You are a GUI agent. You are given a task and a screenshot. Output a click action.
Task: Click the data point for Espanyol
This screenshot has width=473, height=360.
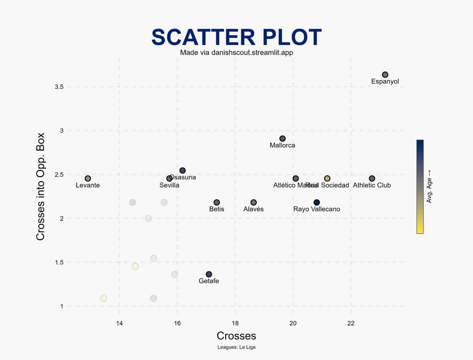pos(385,75)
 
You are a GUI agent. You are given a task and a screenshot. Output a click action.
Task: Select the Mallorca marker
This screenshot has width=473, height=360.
pos(282,139)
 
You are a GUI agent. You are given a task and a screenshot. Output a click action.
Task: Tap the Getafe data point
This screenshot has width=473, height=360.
pos(209,274)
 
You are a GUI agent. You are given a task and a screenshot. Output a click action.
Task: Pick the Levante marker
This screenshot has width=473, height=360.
pos(88,178)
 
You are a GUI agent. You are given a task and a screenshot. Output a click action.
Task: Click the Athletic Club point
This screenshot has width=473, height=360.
pos(372,178)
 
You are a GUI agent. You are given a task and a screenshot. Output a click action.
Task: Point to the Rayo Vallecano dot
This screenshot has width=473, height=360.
pos(317,202)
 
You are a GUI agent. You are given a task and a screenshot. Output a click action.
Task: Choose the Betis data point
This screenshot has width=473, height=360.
pos(217,202)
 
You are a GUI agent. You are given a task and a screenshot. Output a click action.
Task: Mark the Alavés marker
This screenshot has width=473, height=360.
pos(253,202)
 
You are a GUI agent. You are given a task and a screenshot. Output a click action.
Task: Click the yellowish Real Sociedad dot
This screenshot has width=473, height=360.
pos(327,178)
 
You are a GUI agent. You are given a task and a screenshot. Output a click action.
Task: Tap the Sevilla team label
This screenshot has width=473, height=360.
pos(169,185)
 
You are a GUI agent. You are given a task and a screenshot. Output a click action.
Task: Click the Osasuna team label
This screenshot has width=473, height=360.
pos(183,177)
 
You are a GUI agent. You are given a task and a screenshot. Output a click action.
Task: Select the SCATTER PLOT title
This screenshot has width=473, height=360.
pos(236,38)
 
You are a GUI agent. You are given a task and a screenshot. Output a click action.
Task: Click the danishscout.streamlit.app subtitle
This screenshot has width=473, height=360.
pos(237,53)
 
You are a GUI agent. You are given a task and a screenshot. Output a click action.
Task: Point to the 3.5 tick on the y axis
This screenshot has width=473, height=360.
pos(59,87)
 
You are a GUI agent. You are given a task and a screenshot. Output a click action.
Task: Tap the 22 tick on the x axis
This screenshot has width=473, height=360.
pos(351,323)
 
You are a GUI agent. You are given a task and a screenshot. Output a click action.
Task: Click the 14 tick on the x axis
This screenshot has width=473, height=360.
pos(119,323)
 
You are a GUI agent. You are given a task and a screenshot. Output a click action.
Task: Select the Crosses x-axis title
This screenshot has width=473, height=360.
pos(236,336)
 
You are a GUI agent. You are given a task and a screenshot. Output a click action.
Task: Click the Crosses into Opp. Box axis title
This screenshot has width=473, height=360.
pos(40,186)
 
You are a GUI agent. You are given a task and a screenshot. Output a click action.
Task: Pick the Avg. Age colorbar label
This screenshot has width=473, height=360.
pos(429,186)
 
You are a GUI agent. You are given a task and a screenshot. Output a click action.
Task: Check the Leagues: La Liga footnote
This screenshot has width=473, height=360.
pos(236,347)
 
